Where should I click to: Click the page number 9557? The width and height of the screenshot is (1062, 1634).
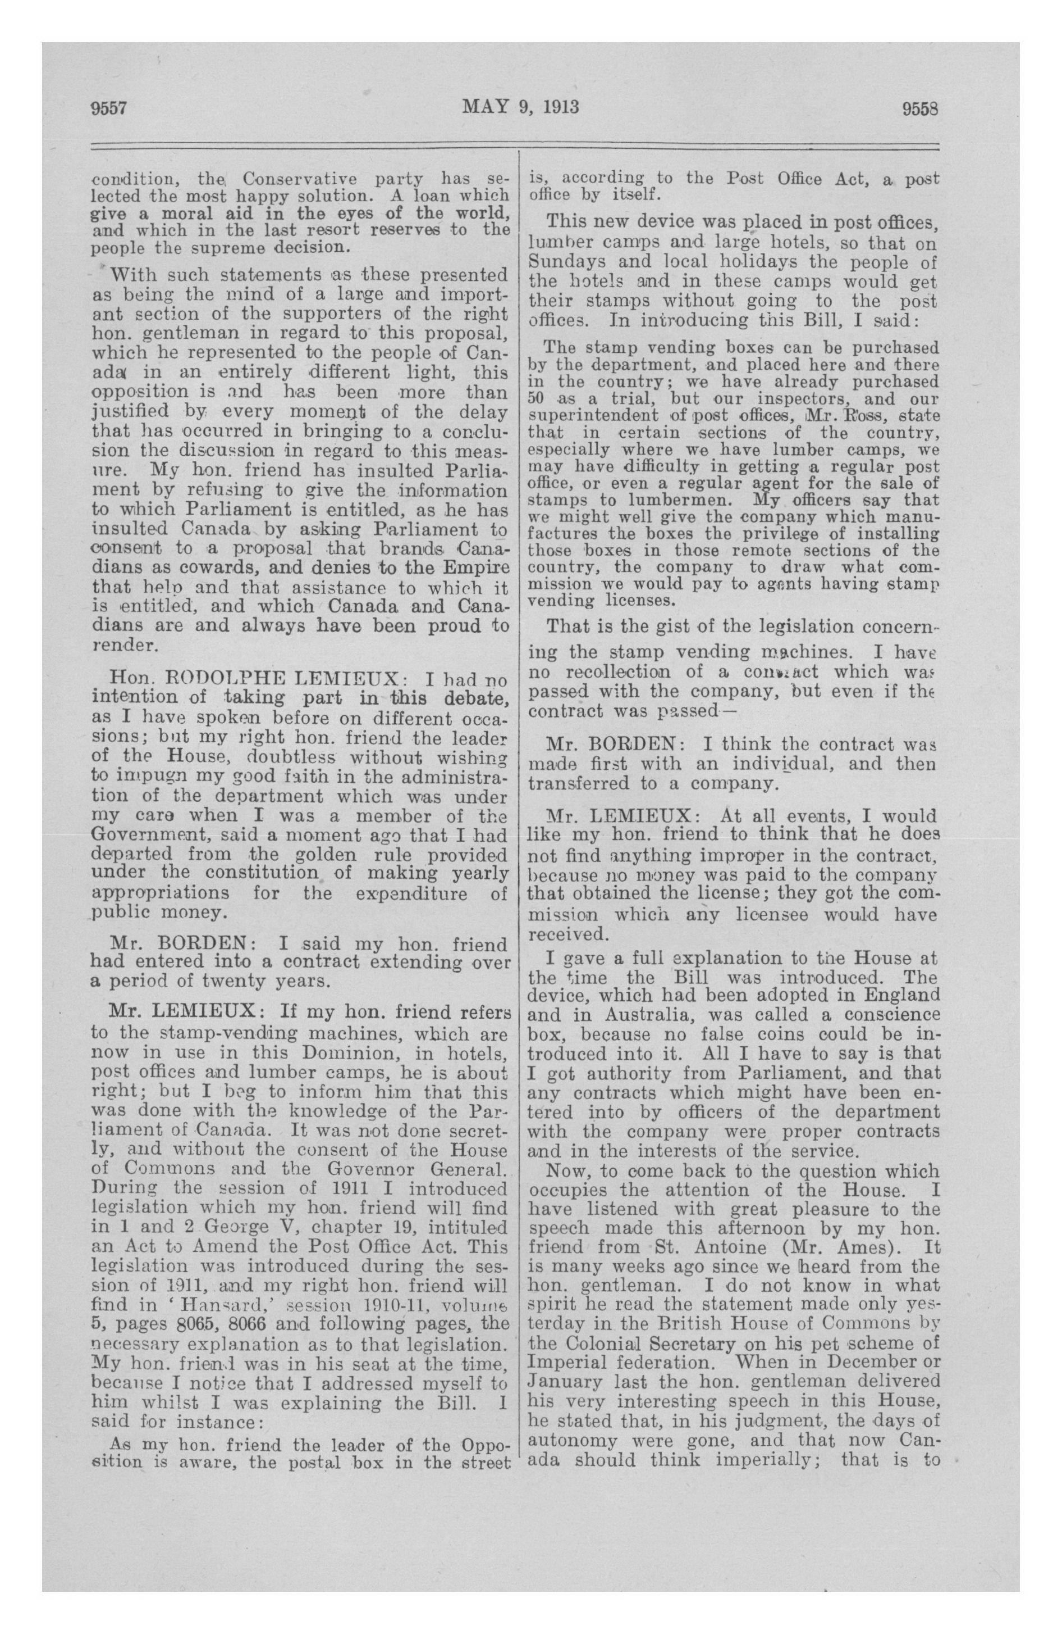(110, 108)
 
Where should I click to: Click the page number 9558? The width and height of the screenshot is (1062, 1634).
(919, 109)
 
